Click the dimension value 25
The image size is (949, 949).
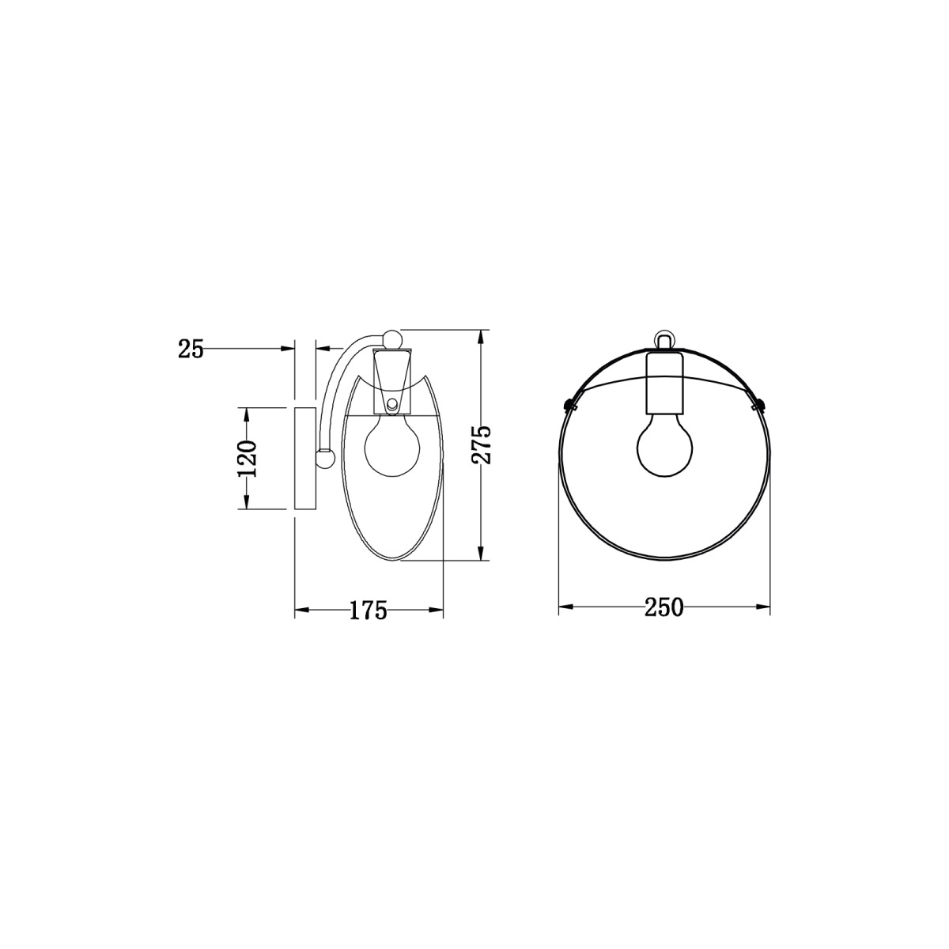pyautogui.click(x=191, y=348)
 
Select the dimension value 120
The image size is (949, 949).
pyautogui.click(x=248, y=458)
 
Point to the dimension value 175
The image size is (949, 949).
pyautogui.click(x=369, y=610)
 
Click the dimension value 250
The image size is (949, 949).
pyautogui.click(x=664, y=607)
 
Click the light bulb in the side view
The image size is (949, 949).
pyautogui.click(x=391, y=448)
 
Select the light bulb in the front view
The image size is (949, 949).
pyautogui.click(x=664, y=448)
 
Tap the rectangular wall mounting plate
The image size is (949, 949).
pyautogui.click(x=305, y=458)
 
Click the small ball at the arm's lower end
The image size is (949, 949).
pyautogui.click(x=323, y=458)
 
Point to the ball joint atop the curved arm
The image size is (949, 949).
pyautogui.click(x=391, y=338)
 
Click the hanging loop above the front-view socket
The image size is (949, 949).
pyautogui.click(x=664, y=340)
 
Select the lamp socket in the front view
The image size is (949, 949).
pyautogui.click(x=664, y=384)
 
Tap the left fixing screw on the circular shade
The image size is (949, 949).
pyautogui.click(x=567, y=405)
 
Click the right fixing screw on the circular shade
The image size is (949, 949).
pyautogui.click(x=762, y=405)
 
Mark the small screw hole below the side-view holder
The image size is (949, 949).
pyautogui.click(x=393, y=406)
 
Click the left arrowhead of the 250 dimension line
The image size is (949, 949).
pyautogui.click(x=563, y=607)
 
